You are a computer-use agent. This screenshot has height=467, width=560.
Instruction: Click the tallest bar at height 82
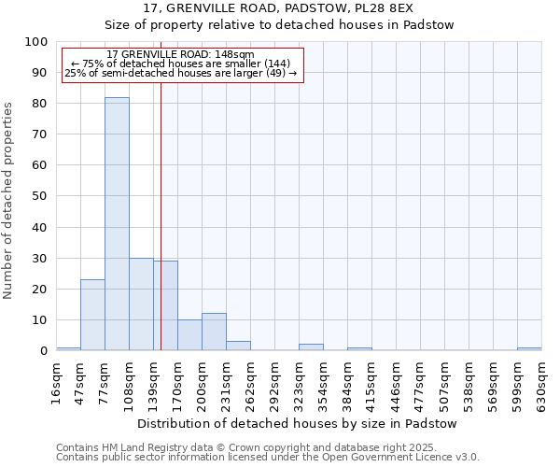[117, 224]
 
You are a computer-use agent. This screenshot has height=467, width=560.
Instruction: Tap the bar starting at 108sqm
[141, 304]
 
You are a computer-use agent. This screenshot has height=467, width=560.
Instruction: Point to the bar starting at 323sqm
[311, 347]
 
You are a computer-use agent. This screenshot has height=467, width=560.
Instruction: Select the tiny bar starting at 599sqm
[529, 348]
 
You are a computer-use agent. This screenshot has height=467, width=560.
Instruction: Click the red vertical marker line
[161, 233]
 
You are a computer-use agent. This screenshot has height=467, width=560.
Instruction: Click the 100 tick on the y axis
[36, 42]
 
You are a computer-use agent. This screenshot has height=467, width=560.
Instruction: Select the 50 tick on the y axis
[40, 196]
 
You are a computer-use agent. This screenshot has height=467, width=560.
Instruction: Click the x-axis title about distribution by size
[296, 423]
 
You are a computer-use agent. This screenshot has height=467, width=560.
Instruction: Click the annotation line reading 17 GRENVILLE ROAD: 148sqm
[180, 54]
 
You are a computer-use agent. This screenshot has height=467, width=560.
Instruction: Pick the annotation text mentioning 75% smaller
[180, 64]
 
